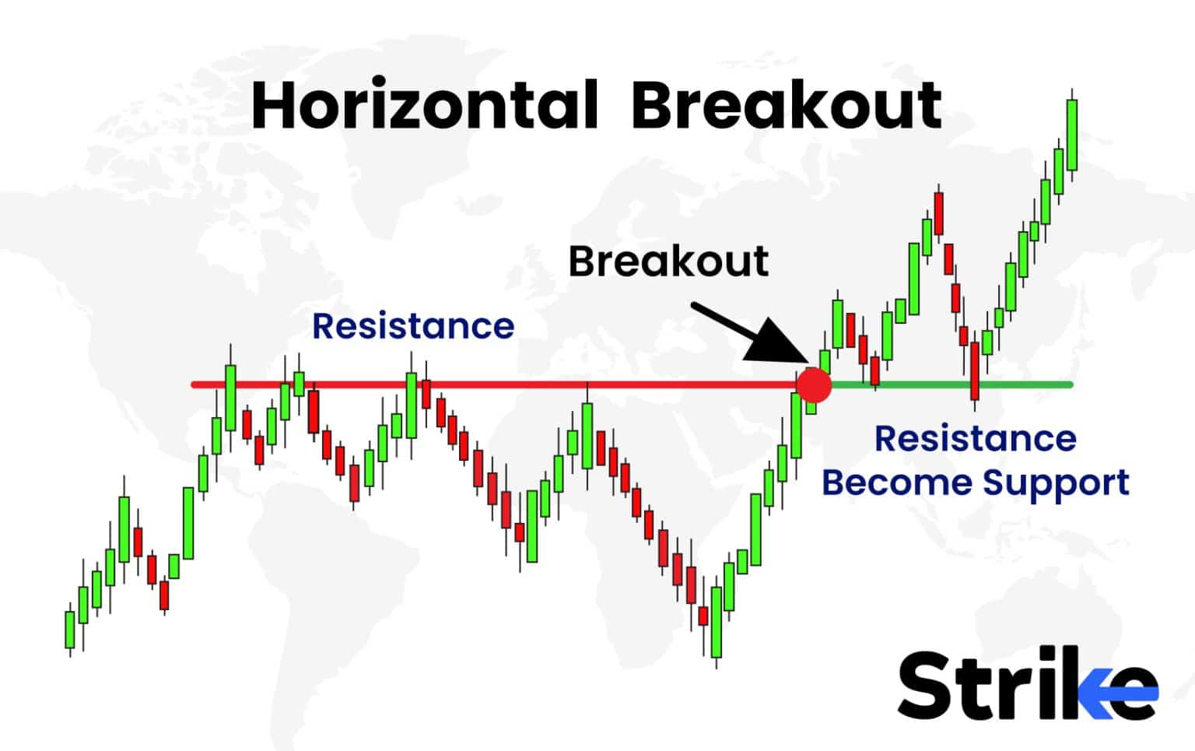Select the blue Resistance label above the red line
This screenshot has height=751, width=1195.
coord(412,326)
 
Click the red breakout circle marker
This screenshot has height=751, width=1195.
coord(815,384)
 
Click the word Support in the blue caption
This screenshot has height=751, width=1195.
coord(1055,483)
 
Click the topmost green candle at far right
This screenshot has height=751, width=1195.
coord(1072,135)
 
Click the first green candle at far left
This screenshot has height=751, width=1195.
coord(70,629)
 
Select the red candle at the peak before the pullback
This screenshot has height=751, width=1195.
coord(939,213)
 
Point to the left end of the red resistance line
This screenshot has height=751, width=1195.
coord(194,384)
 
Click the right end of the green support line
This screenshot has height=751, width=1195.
coord(1071,384)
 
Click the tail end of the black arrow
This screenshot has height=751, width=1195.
coord(693,306)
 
